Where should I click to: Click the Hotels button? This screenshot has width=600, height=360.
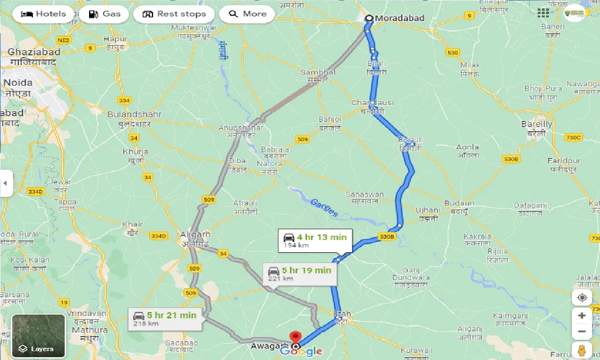43,14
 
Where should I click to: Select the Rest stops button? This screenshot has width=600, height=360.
174,14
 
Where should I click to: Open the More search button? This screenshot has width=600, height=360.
247,14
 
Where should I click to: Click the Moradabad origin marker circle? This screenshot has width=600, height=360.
369,18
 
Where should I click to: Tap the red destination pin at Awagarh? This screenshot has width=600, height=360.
295,338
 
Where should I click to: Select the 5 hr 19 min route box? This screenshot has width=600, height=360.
300,273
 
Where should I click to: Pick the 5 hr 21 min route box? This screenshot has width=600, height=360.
165,318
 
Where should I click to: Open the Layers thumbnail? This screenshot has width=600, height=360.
38,335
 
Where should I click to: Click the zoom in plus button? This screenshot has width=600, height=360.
582,315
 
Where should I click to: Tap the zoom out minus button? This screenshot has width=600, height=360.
582,331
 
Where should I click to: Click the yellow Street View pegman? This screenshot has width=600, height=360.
582,350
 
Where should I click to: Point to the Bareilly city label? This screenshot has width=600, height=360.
537,125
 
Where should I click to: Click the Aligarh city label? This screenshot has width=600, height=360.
195,234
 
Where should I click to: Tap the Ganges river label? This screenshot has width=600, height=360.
324,208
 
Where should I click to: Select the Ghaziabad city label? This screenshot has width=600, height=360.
32,52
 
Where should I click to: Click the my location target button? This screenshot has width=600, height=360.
582,298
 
